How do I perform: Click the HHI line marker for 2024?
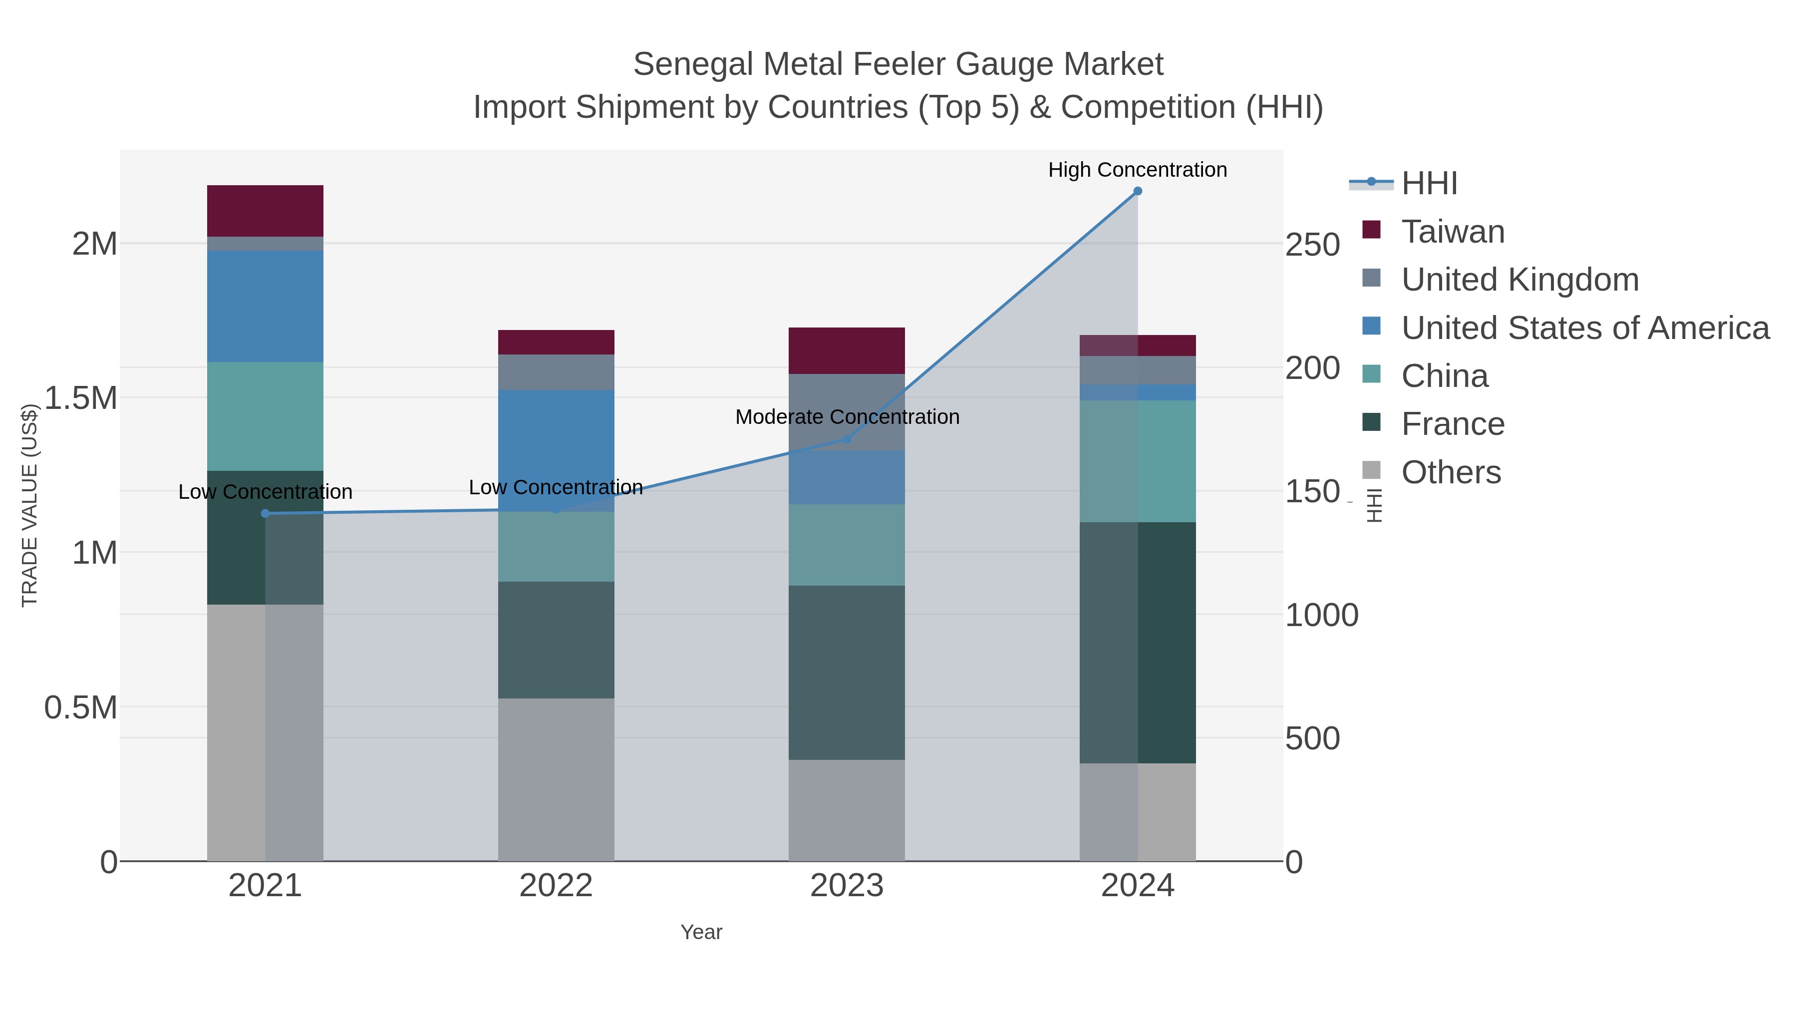click(x=1137, y=191)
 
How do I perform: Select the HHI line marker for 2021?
click(x=265, y=514)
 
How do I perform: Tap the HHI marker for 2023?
click(x=847, y=439)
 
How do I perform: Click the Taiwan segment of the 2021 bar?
click(x=265, y=211)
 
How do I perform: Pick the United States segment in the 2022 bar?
click(x=556, y=450)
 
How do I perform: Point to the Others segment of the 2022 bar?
click(x=556, y=779)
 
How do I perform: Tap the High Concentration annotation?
click(x=1137, y=170)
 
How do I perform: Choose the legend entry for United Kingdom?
click(x=1519, y=280)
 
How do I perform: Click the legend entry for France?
click(x=1453, y=424)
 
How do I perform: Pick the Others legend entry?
click(x=1450, y=472)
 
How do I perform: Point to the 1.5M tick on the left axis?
click(x=80, y=398)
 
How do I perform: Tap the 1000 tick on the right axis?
click(x=1321, y=616)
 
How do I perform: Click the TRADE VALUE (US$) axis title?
click(x=29, y=505)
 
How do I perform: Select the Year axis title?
click(x=701, y=932)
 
